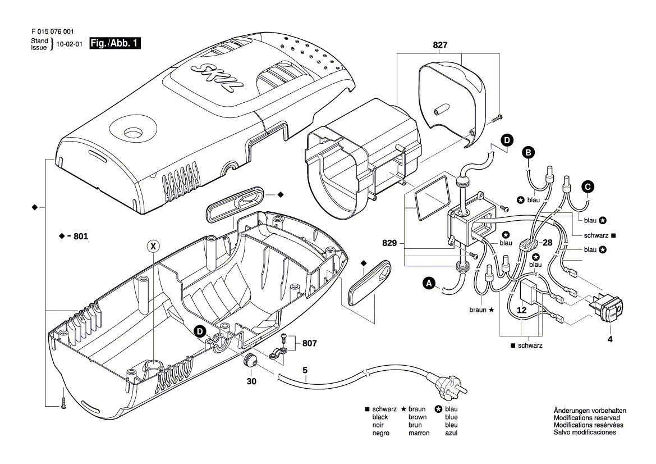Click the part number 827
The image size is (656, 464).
coord(440,45)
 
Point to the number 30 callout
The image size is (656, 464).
coord(251,381)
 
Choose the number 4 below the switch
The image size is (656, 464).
coord(609,339)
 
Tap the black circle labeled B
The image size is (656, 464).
coord(527,152)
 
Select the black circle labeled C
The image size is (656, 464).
coord(588,187)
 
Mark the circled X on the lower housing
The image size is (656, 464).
coord(152,245)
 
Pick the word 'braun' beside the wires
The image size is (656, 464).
coord(479,310)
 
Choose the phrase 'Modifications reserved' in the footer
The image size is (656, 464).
coord(586,418)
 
